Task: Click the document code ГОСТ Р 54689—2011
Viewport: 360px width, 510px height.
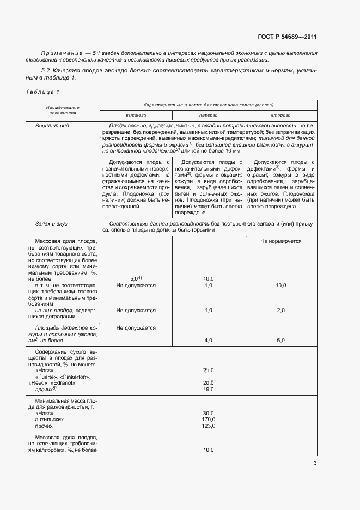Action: point(287,37)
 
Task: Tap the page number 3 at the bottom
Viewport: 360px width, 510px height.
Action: point(315,464)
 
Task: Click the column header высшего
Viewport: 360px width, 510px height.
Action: point(136,116)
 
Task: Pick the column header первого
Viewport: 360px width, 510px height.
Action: point(208,116)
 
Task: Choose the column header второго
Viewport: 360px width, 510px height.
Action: point(280,116)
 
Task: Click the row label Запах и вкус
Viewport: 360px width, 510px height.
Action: point(51,224)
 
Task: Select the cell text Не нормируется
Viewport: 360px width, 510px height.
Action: point(280,241)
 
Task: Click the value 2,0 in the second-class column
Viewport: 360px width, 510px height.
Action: point(280,311)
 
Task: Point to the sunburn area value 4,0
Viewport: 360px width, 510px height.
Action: point(208,340)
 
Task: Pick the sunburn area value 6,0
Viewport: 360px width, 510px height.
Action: point(280,340)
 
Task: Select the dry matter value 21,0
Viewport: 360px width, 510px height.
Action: point(208,371)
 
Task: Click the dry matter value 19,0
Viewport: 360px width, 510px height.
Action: point(208,390)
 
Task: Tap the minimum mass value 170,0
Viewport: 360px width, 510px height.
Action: point(208,420)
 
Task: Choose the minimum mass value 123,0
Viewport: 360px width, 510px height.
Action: point(208,426)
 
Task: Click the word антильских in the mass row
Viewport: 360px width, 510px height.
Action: point(50,420)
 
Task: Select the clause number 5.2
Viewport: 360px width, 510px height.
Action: point(46,71)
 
